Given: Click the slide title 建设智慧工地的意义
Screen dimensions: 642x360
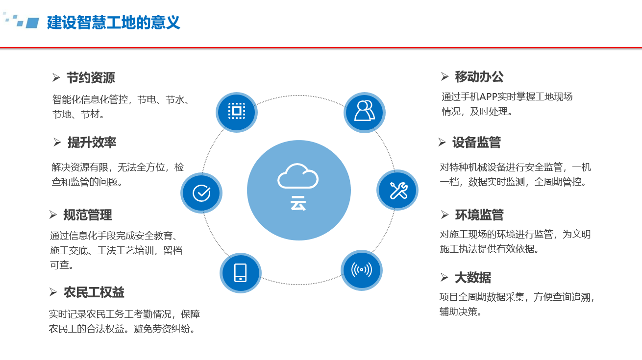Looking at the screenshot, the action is coord(114,23).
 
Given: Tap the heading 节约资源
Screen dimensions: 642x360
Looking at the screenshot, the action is coord(91,78).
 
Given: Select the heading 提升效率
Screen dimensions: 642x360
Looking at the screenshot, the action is coord(92,143).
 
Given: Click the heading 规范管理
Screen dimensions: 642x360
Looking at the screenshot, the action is coord(88,215).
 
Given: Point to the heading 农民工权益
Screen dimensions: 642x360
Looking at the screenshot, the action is coord(94,292).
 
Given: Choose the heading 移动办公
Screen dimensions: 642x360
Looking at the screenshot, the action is coord(479,77).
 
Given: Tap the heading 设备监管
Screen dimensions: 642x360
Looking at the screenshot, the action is coord(477,143).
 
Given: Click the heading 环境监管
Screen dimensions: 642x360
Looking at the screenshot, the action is coord(479,215).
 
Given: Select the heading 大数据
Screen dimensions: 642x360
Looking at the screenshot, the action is coord(473,278).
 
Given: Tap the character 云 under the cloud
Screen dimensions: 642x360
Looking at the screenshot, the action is coord(298,203).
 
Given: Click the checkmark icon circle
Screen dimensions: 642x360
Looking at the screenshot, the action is coord(201,193).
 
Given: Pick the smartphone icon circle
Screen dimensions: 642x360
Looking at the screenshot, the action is coord(241,273).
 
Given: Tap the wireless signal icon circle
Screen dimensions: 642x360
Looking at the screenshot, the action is coord(362,270).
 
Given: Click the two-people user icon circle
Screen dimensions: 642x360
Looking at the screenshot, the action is coord(365,112).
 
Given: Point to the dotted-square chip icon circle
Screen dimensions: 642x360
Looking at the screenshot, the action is coord(237,112).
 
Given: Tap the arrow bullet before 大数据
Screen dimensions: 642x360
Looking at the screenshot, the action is coord(444,277).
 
